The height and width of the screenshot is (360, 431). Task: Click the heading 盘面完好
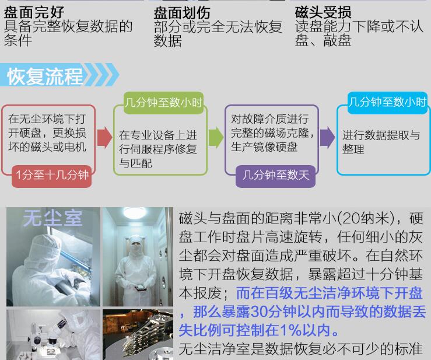coord(34,12)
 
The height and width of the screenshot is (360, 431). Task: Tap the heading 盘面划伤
coord(182,13)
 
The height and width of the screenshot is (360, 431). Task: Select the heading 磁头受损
coord(323,12)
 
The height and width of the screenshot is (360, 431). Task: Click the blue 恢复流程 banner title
coord(45,76)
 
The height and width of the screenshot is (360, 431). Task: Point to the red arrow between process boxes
coord(105,138)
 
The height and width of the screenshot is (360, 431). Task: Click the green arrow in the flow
coord(216,137)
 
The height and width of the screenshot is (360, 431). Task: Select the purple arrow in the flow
coord(327,137)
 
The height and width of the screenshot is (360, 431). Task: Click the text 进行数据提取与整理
coord(381,142)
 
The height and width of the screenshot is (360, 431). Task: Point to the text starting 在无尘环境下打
coord(47,133)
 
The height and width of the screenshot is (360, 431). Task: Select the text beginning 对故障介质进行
coord(272,133)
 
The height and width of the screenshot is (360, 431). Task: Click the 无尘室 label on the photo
coord(52,218)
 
